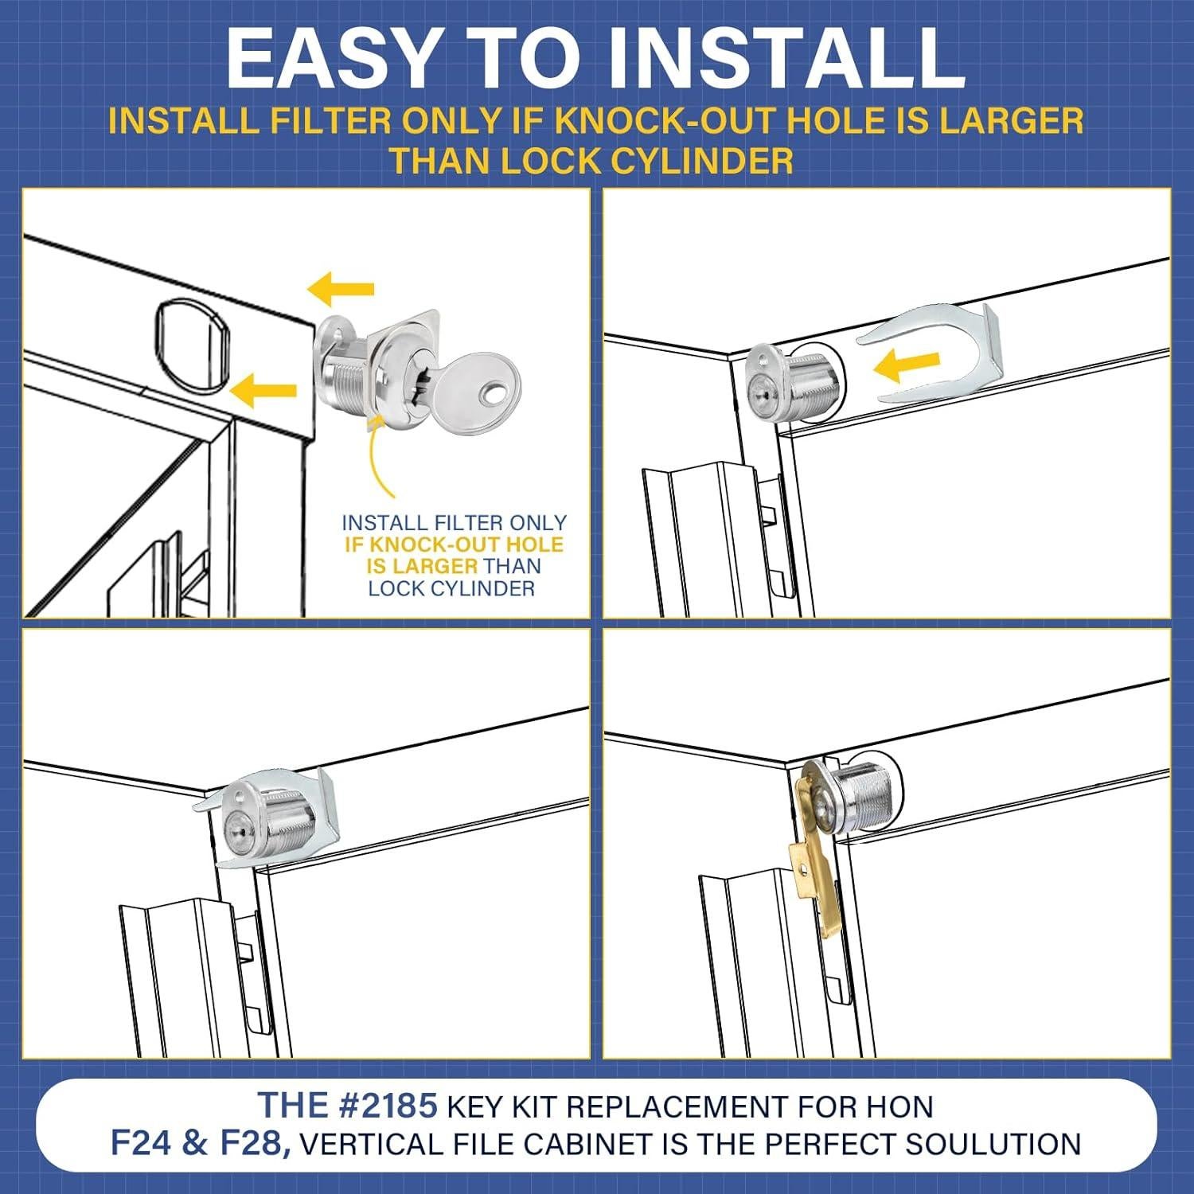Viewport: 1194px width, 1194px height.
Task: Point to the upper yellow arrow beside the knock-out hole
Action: point(341,289)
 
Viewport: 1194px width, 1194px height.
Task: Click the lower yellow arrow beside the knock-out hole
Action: point(263,391)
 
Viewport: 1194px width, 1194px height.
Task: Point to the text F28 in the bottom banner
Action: point(254,1144)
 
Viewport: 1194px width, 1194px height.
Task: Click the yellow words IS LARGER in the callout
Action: point(422,566)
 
